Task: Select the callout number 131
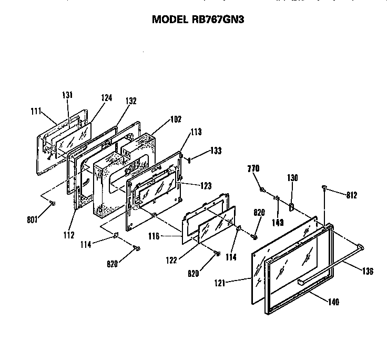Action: (67, 95)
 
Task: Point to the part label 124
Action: (106, 97)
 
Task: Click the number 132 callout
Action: (131, 101)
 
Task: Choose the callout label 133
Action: (215, 151)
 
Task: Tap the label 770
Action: (253, 168)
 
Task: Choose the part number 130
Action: (292, 178)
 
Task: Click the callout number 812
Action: (352, 195)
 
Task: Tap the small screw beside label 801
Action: (52, 203)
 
